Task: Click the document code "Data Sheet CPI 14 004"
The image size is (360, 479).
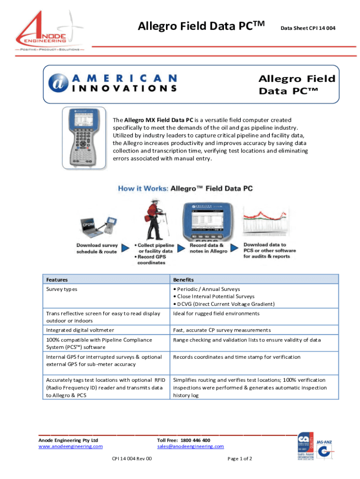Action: tap(308, 29)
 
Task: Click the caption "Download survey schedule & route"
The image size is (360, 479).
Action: tap(97, 248)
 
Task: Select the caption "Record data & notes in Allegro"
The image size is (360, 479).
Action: tap(209, 248)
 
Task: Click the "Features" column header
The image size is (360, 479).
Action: tap(57, 280)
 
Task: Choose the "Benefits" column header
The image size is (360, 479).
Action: tap(183, 280)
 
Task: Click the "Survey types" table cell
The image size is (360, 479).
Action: tap(62, 289)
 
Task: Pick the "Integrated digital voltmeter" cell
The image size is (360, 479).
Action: tap(80, 330)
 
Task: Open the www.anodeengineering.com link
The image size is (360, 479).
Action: tap(70, 447)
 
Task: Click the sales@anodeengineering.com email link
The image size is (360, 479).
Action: tap(190, 447)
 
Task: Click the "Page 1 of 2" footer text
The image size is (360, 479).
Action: tap(240, 459)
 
